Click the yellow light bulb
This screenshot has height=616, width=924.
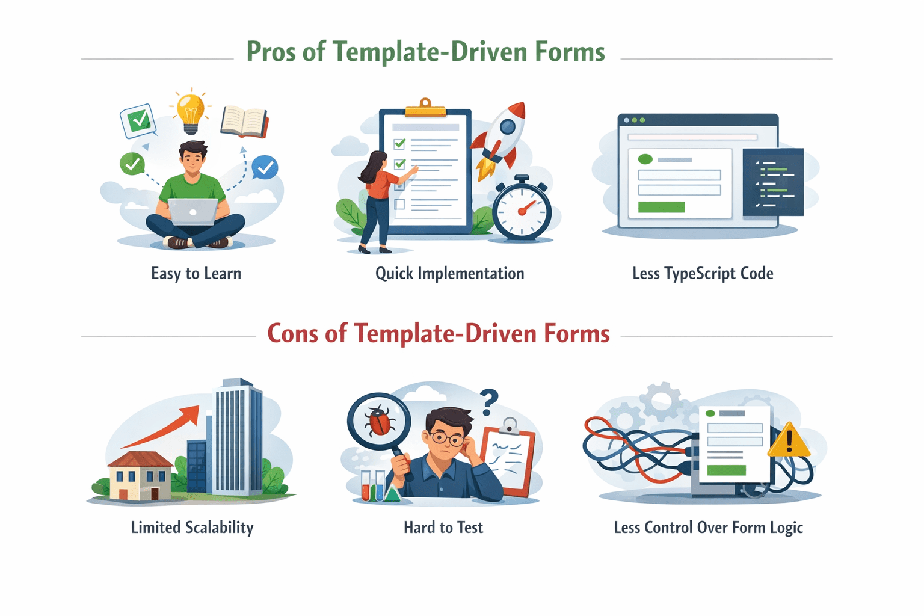191,112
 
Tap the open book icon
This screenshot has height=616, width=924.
244,122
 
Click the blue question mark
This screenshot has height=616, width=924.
490,401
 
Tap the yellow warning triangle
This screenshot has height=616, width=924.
789,440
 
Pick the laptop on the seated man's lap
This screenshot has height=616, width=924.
193,211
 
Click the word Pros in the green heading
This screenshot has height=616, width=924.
272,52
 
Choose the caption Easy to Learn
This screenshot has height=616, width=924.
196,274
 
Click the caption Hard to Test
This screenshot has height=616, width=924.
443,528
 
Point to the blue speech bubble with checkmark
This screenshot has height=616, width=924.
265,168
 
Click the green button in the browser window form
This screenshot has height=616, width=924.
661,207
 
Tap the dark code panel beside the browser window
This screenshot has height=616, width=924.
774,182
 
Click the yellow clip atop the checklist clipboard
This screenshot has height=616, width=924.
425,108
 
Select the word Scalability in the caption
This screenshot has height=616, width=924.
220,528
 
